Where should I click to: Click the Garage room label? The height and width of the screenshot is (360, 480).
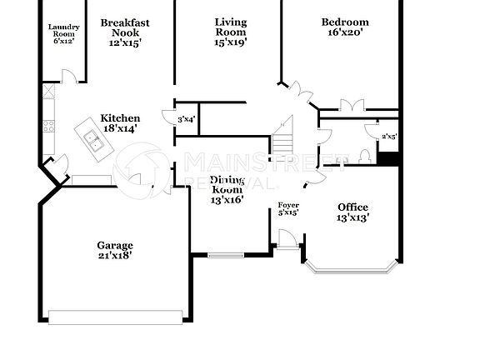[114, 246]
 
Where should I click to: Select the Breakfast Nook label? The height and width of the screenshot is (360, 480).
[126, 22]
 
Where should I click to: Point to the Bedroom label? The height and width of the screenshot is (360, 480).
[345, 22]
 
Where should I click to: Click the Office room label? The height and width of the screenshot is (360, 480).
[352, 207]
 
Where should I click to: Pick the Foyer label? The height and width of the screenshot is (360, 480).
[288, 205]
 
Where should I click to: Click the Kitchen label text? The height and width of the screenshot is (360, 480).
[120, 118]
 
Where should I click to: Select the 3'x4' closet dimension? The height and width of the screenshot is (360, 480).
[186, 120]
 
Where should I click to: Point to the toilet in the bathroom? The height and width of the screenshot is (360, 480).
[364, 155]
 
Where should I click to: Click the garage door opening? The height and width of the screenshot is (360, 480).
[115, 317]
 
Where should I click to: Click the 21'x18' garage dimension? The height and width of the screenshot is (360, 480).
[114, 256]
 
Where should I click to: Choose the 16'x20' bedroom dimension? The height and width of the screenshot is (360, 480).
[345, 33]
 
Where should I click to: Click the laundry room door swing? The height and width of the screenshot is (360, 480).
[71, 76]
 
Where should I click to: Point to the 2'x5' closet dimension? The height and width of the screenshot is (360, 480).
[388, 136]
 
